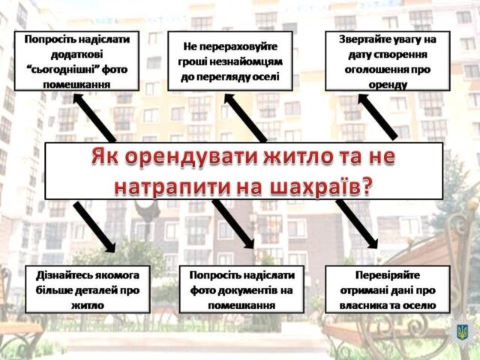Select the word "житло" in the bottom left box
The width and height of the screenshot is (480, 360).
coord(88,306)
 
